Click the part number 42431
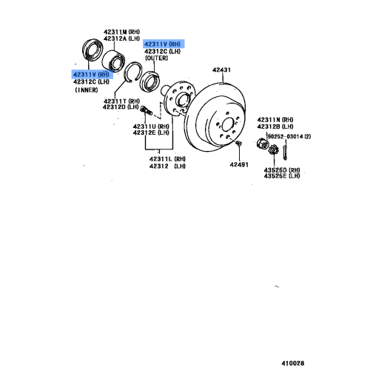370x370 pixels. (x=223, y=70)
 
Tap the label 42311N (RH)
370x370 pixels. (x=275, y=119)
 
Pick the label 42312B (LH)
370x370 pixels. (x=275, y=126)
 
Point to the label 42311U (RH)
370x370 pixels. (x=151, y=127)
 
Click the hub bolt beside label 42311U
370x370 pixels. (x=147, y=112)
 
